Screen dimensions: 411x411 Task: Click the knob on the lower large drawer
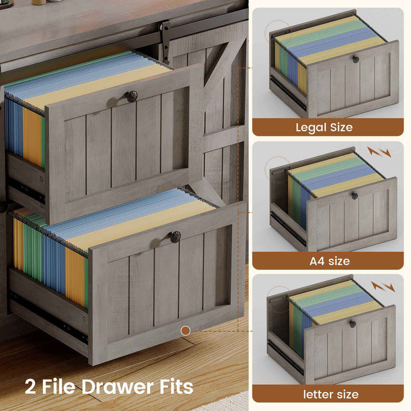tap(175, 237)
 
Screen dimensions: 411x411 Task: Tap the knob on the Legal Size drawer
tap(356, 59)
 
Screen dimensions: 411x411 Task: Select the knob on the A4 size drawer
tap(354, 196)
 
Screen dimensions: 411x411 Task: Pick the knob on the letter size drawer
tap(353, 324)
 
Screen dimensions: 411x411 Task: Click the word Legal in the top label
tap(311, 128)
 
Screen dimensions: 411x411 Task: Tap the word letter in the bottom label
tap(316, 394)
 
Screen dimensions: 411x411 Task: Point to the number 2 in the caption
tap(30, 387)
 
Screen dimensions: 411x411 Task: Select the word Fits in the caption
tap(176, 386)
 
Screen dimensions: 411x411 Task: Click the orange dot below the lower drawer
tap(186, 331)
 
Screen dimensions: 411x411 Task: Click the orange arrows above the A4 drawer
tap(379, 152)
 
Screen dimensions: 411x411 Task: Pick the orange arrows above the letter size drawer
tap(383, 287)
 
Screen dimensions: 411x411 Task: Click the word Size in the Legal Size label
tap(341, 128)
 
